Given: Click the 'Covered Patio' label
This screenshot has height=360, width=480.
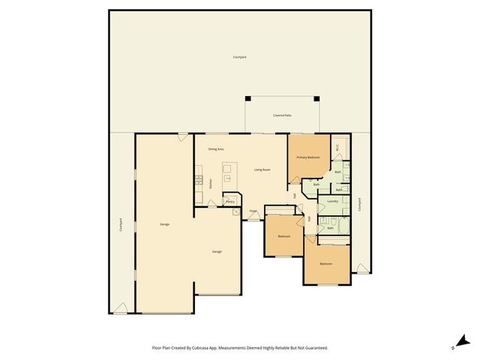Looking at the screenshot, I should pos(282,115).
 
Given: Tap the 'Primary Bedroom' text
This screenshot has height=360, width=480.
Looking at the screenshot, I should pos(307,157).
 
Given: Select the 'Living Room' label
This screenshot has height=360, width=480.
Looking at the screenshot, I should pos(262,170).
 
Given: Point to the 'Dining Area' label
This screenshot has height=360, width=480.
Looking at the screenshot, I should pos(216,150).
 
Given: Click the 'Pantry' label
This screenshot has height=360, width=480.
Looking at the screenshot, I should pos(230,201).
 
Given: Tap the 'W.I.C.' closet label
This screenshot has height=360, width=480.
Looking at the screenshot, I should pos(338,148).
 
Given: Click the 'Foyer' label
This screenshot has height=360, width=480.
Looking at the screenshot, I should pos(253,211).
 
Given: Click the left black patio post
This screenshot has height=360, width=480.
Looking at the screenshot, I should pos(247,98).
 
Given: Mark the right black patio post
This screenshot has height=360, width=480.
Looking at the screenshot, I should pos(317,98).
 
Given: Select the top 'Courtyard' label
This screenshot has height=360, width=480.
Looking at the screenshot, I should pos(239,57).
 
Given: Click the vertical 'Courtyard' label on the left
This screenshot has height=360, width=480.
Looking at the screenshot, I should pos(121,224).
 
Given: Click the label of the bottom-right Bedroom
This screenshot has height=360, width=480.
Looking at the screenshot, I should pos(325,265).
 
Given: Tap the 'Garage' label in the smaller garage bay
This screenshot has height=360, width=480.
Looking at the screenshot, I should pos(217,251).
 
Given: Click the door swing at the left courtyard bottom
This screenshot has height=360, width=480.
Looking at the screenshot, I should pos(120,307).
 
